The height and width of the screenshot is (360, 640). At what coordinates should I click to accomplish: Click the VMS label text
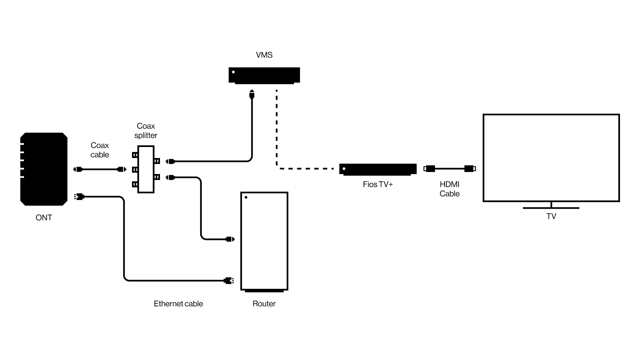coord(264,55)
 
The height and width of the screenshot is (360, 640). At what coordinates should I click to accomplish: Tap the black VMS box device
coord(264,75)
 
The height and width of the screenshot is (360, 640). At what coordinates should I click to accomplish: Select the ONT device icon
coord(44,169)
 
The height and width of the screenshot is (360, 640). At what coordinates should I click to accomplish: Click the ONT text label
coord(44,218)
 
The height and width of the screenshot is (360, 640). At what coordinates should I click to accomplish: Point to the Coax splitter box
coord(146,169)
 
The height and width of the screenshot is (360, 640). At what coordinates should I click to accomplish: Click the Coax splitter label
coord(146,131)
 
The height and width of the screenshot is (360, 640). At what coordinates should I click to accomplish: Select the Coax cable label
coord(100,150)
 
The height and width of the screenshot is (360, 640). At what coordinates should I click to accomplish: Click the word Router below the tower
coord(264,304)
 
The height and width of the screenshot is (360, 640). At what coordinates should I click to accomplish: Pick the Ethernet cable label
coord(178,304)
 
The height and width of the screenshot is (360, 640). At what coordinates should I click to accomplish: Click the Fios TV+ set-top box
coord(378,169)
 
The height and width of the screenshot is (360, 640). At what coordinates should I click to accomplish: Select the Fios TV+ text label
coord(378,184)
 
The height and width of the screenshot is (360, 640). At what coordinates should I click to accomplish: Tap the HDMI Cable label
coord(449,189)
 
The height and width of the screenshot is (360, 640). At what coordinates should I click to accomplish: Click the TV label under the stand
coord(551,216)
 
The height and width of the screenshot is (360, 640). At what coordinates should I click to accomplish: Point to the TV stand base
coord(551,208)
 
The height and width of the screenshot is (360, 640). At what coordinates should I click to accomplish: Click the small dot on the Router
coord(246,197)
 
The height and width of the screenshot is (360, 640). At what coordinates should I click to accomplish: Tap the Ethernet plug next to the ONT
coord(79,197)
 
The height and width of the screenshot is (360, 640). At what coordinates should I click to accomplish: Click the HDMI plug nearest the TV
coord(470,169)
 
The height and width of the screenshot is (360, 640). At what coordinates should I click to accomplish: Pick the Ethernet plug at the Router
coord(229,281)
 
